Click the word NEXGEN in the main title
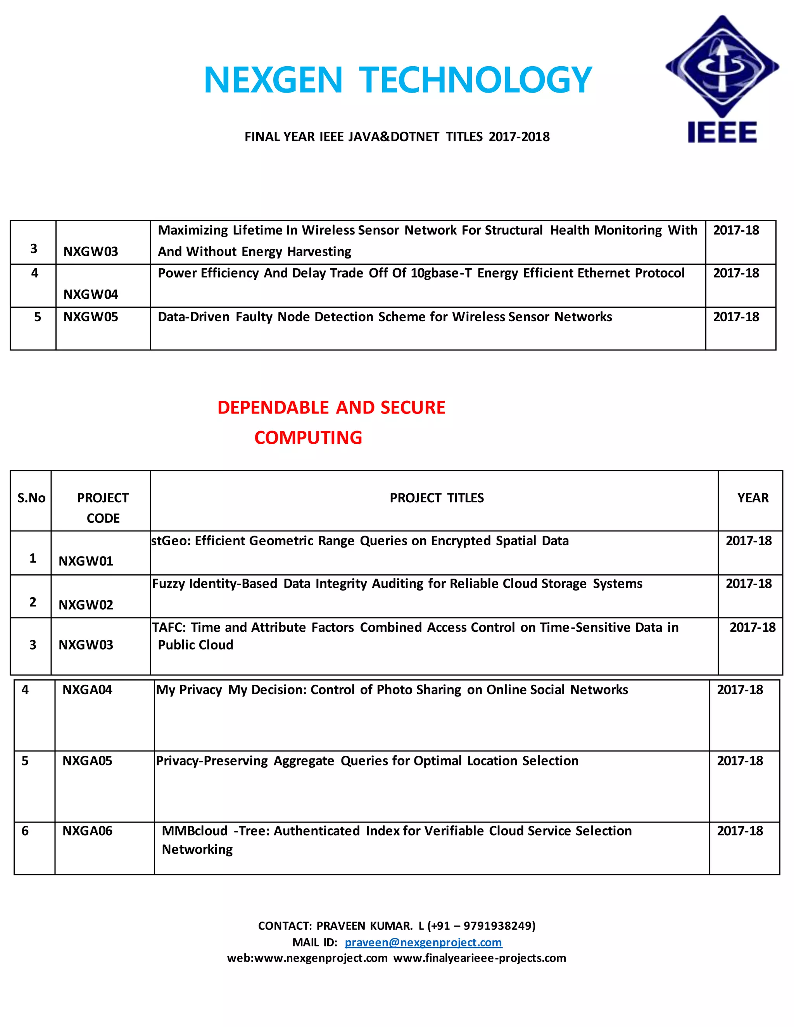tap(273, 80)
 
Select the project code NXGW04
tap(91, 295)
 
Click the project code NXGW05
tap(91, 317)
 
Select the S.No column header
tap(31, 498)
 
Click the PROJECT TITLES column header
tap(437, 498)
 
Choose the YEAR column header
tap(753, 498)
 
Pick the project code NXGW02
tap(86, 605)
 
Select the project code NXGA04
tap(88, 690)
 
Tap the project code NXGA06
tap(88, 831)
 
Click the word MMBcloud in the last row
tap(195, 831)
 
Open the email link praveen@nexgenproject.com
tap(423, 943)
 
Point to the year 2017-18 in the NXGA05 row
tap(739, 761)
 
